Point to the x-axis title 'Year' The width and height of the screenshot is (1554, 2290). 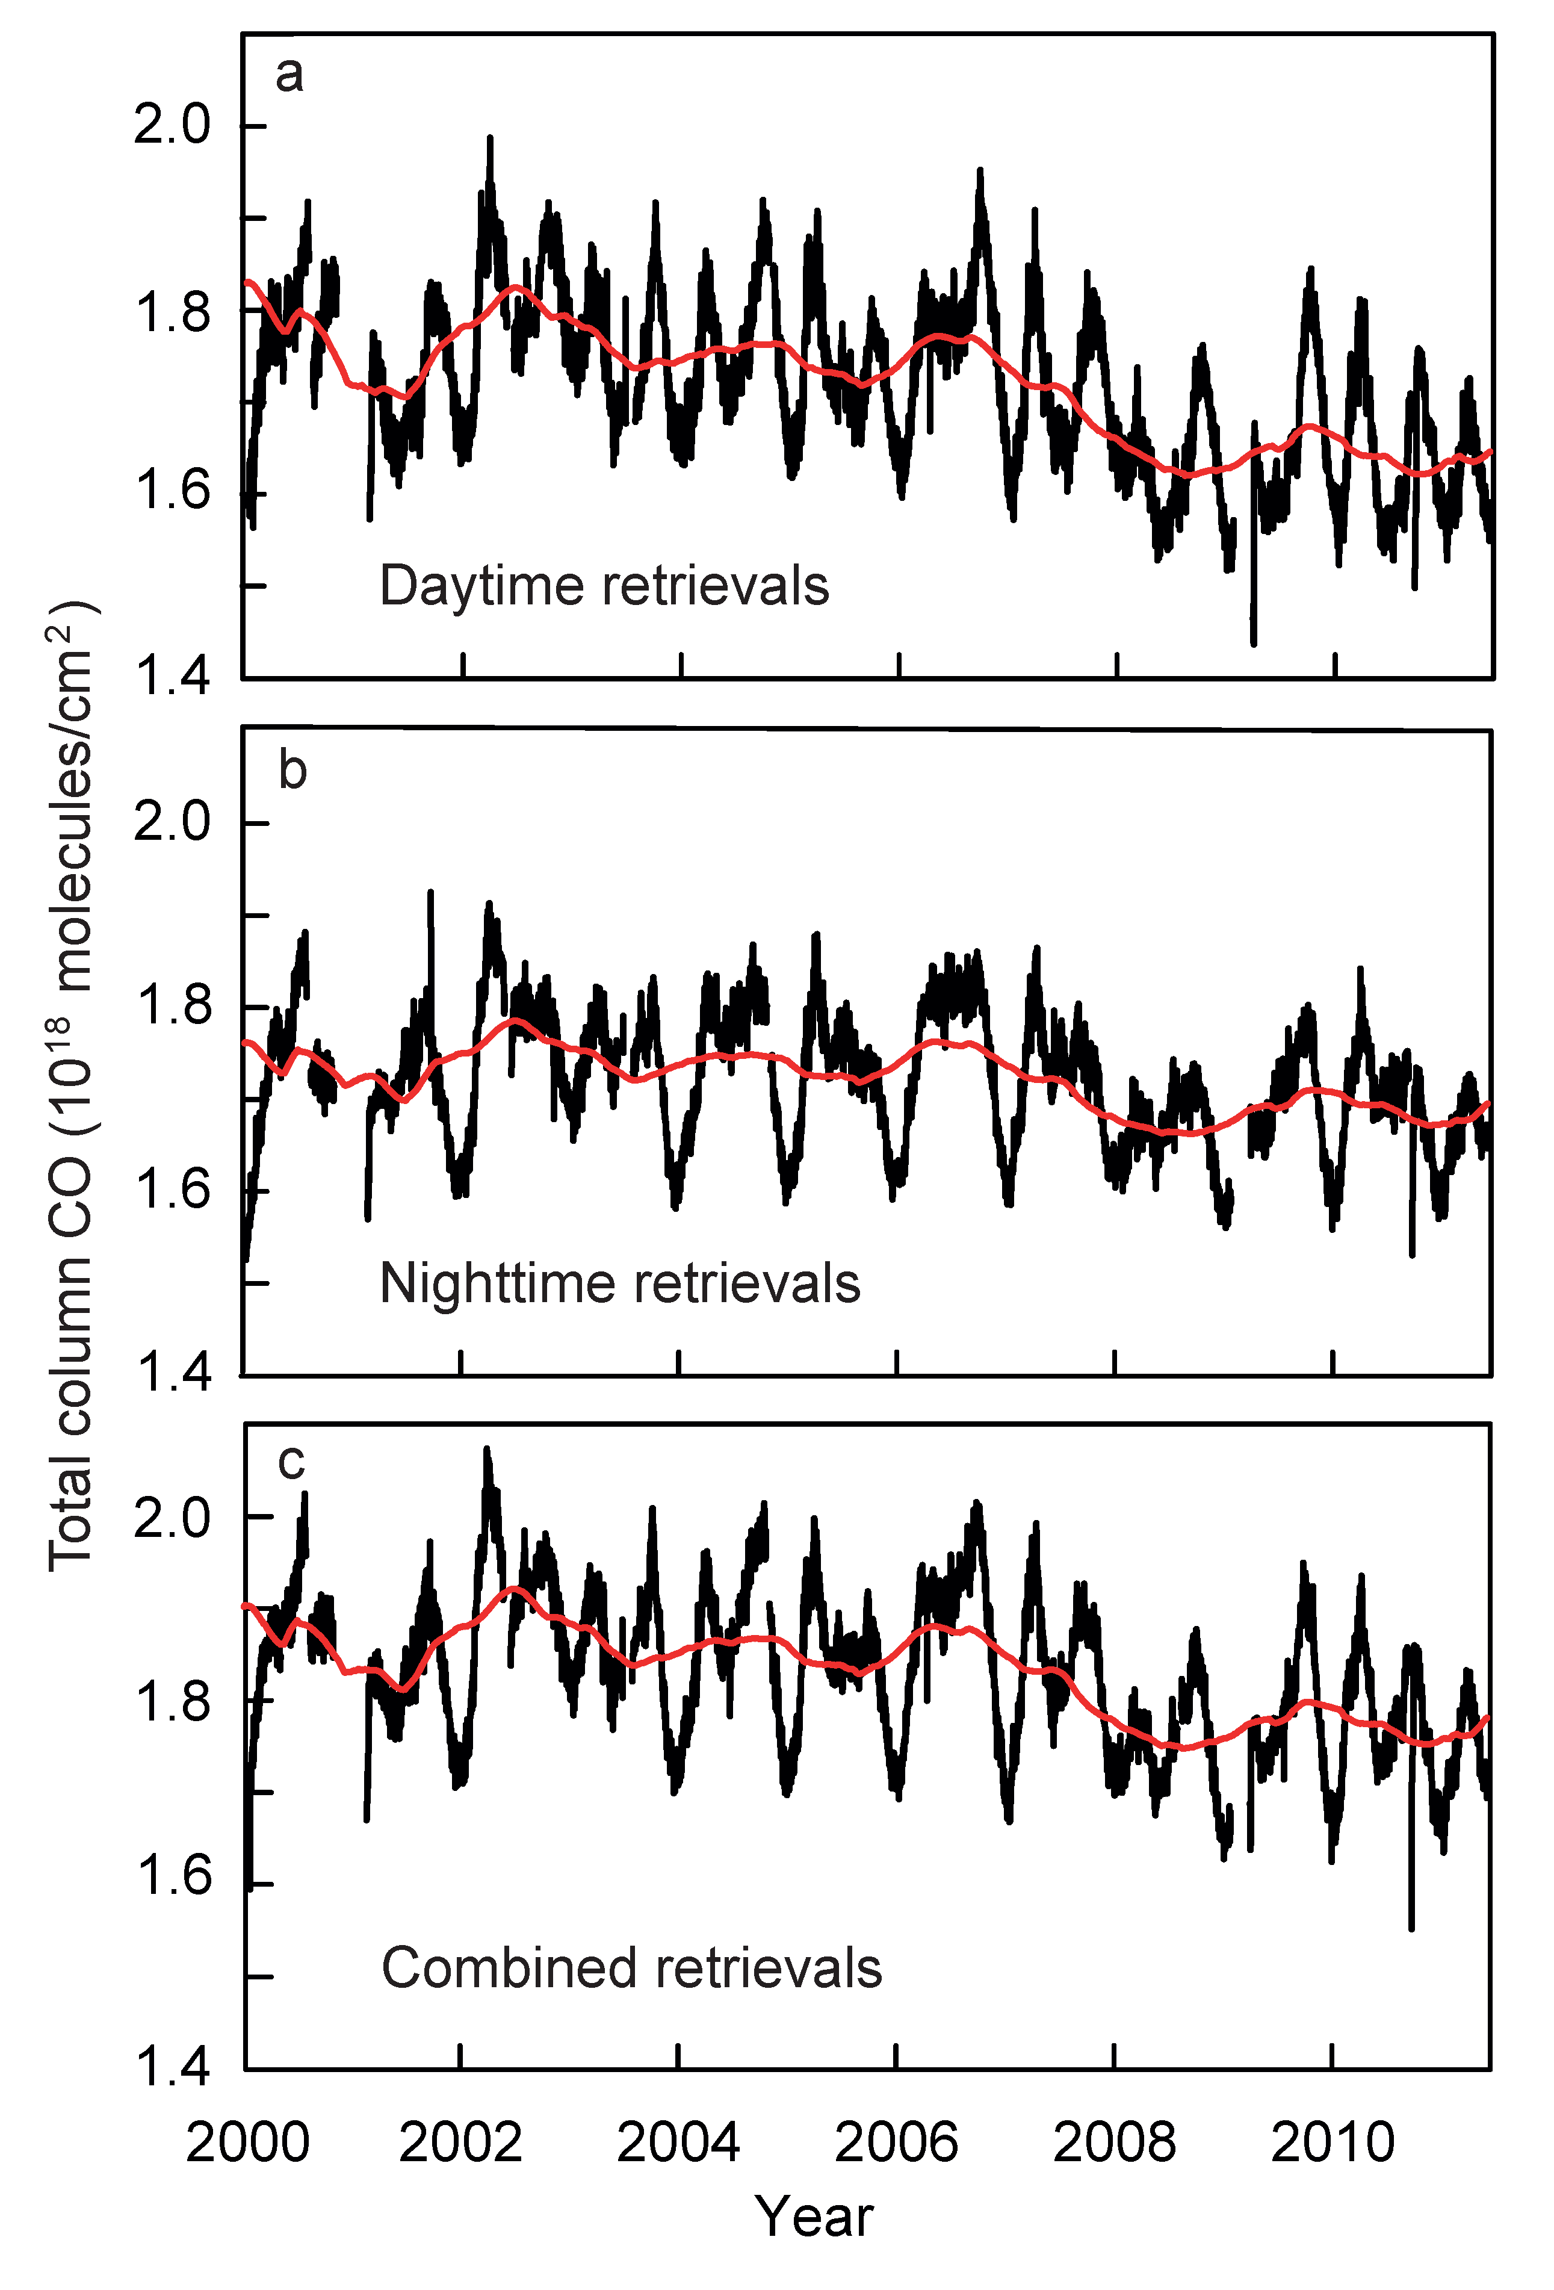pyautogui.click(x=814, y=2218)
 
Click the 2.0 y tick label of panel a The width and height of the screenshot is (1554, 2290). pyautogui.click(x=173, y=126)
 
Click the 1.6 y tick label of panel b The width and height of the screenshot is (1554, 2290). pyautogui.click(x=173, y=1191)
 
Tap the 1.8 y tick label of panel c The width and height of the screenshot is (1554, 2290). pyautogui.click(x=173, y=1702)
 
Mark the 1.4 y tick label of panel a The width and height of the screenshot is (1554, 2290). pyautogui.click(x=173, y=677)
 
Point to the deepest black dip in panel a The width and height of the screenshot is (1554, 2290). pyautogui.click(x=1254, y=642)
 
